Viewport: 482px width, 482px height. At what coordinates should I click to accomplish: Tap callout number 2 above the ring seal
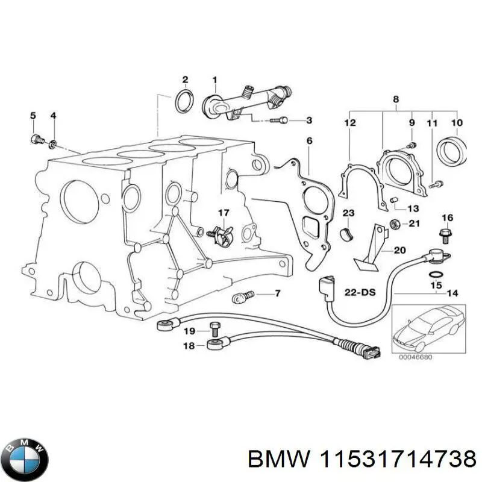[185, 80]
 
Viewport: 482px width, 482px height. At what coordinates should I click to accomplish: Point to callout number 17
[224, 212]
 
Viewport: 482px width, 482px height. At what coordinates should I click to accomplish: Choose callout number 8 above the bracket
[396, 99]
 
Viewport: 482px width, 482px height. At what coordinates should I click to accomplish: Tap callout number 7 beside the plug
[277, 293]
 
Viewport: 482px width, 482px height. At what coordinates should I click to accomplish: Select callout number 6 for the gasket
[309, 141]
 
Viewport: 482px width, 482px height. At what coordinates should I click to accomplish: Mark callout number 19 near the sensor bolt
[189, 331]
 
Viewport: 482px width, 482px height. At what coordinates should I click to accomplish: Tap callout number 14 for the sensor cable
[452, 293]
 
